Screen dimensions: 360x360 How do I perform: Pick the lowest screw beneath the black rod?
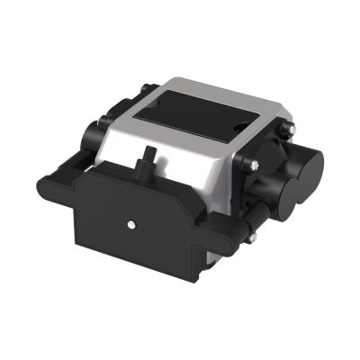[x=253, y=237]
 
